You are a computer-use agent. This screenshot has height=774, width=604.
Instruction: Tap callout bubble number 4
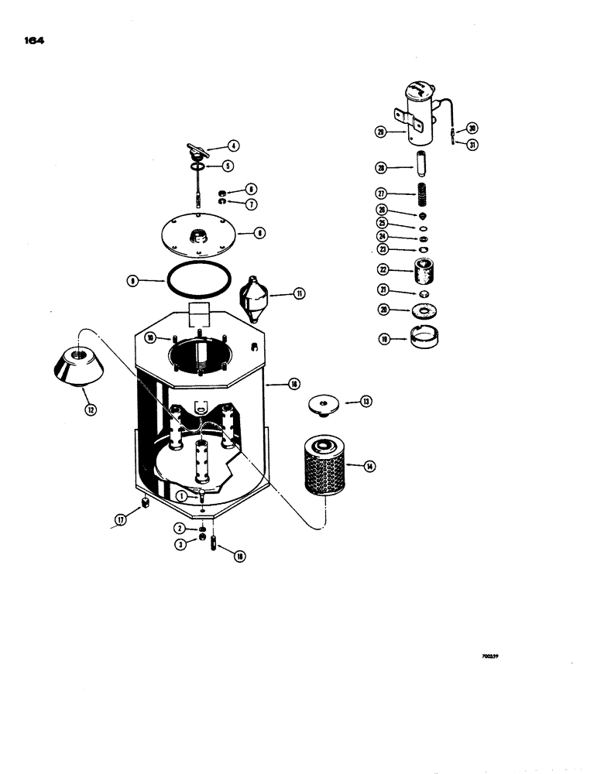pos(232,145)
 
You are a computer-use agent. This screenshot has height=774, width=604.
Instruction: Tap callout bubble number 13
pos(365,401)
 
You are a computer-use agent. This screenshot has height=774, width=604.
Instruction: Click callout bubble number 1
pos(180,495)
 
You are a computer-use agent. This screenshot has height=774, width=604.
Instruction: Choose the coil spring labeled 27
pos(423,193)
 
